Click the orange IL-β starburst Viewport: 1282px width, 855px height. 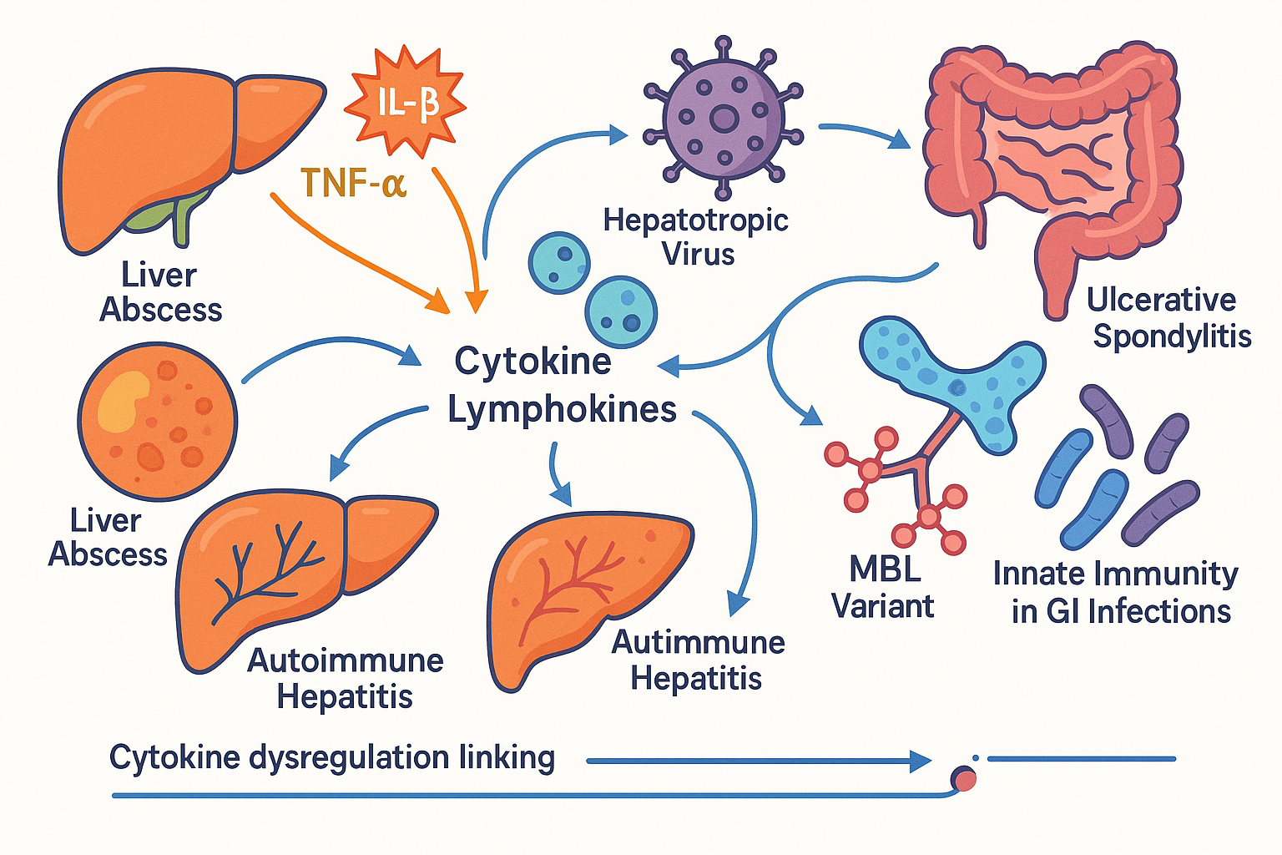[406, 103]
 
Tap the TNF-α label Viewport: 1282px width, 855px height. [353, 183]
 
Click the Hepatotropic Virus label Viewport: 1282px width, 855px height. [695, 236]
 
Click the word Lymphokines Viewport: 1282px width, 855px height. [562, 410]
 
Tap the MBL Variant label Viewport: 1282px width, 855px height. [883, 588]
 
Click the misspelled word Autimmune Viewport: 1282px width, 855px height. [698, 642]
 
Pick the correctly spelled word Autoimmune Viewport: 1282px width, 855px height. [346, 660]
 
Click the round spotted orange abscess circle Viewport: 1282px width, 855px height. [158, 422]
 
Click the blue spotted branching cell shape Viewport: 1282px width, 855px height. [951, 376]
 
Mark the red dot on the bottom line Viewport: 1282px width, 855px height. [965, 780]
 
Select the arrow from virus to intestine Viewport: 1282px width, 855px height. [864, 134]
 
